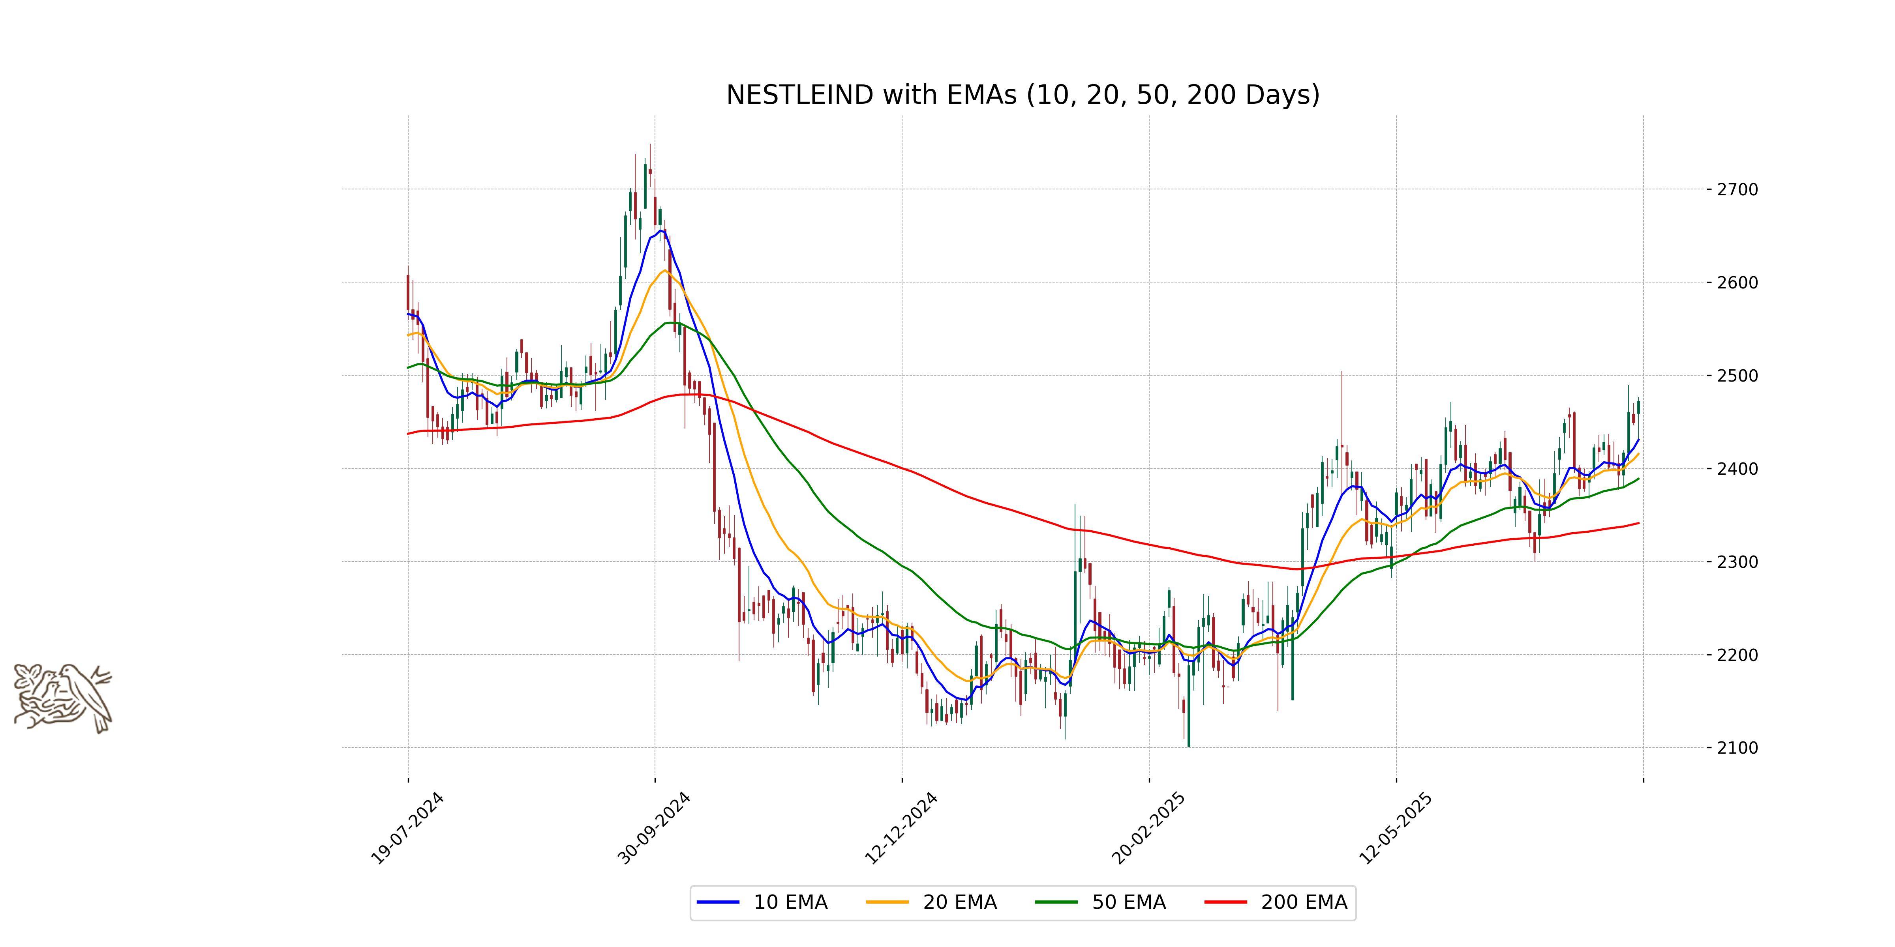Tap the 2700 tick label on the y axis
[x=1737, y=190]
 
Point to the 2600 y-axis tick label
[x=1737, y=283]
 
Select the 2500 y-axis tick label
[x=1737, y=376]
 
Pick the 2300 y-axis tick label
[x=1737, y=562]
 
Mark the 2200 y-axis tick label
[x=1737, y=655]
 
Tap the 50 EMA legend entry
[x=1101, y=902]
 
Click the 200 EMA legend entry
[x=1276, y=902]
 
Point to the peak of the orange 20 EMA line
[x=664, y=271]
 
